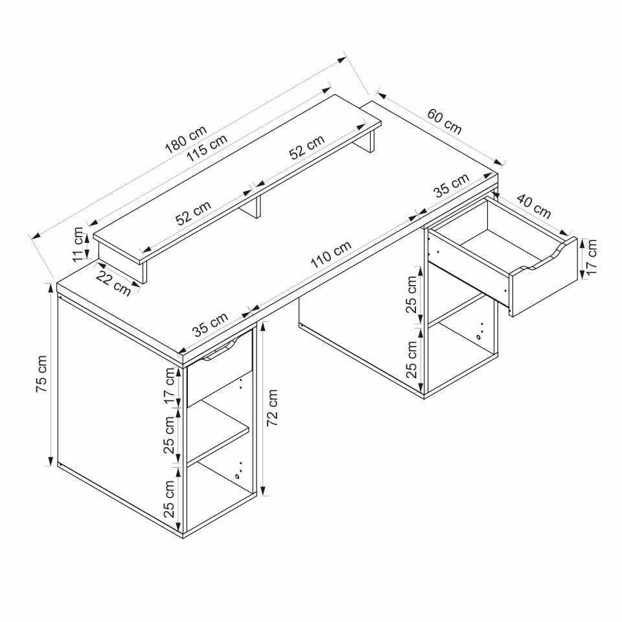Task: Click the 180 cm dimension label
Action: coord(186,140)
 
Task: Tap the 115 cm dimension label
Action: coord(207,148)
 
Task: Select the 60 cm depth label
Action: coord(444,121)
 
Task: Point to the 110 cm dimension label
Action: coord(331,254)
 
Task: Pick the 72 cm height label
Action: coord(272,408)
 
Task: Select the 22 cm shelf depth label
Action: coord(113,284)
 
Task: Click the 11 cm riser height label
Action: coord(78,244)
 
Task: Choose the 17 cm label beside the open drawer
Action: coord(591,257)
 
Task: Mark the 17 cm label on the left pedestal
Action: coord(169,386)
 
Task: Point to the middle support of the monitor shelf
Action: coord(257,207)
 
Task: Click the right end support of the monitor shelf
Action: coord(371,142)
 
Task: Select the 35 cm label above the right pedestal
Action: coord(451,185)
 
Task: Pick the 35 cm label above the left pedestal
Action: coord(210,324)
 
